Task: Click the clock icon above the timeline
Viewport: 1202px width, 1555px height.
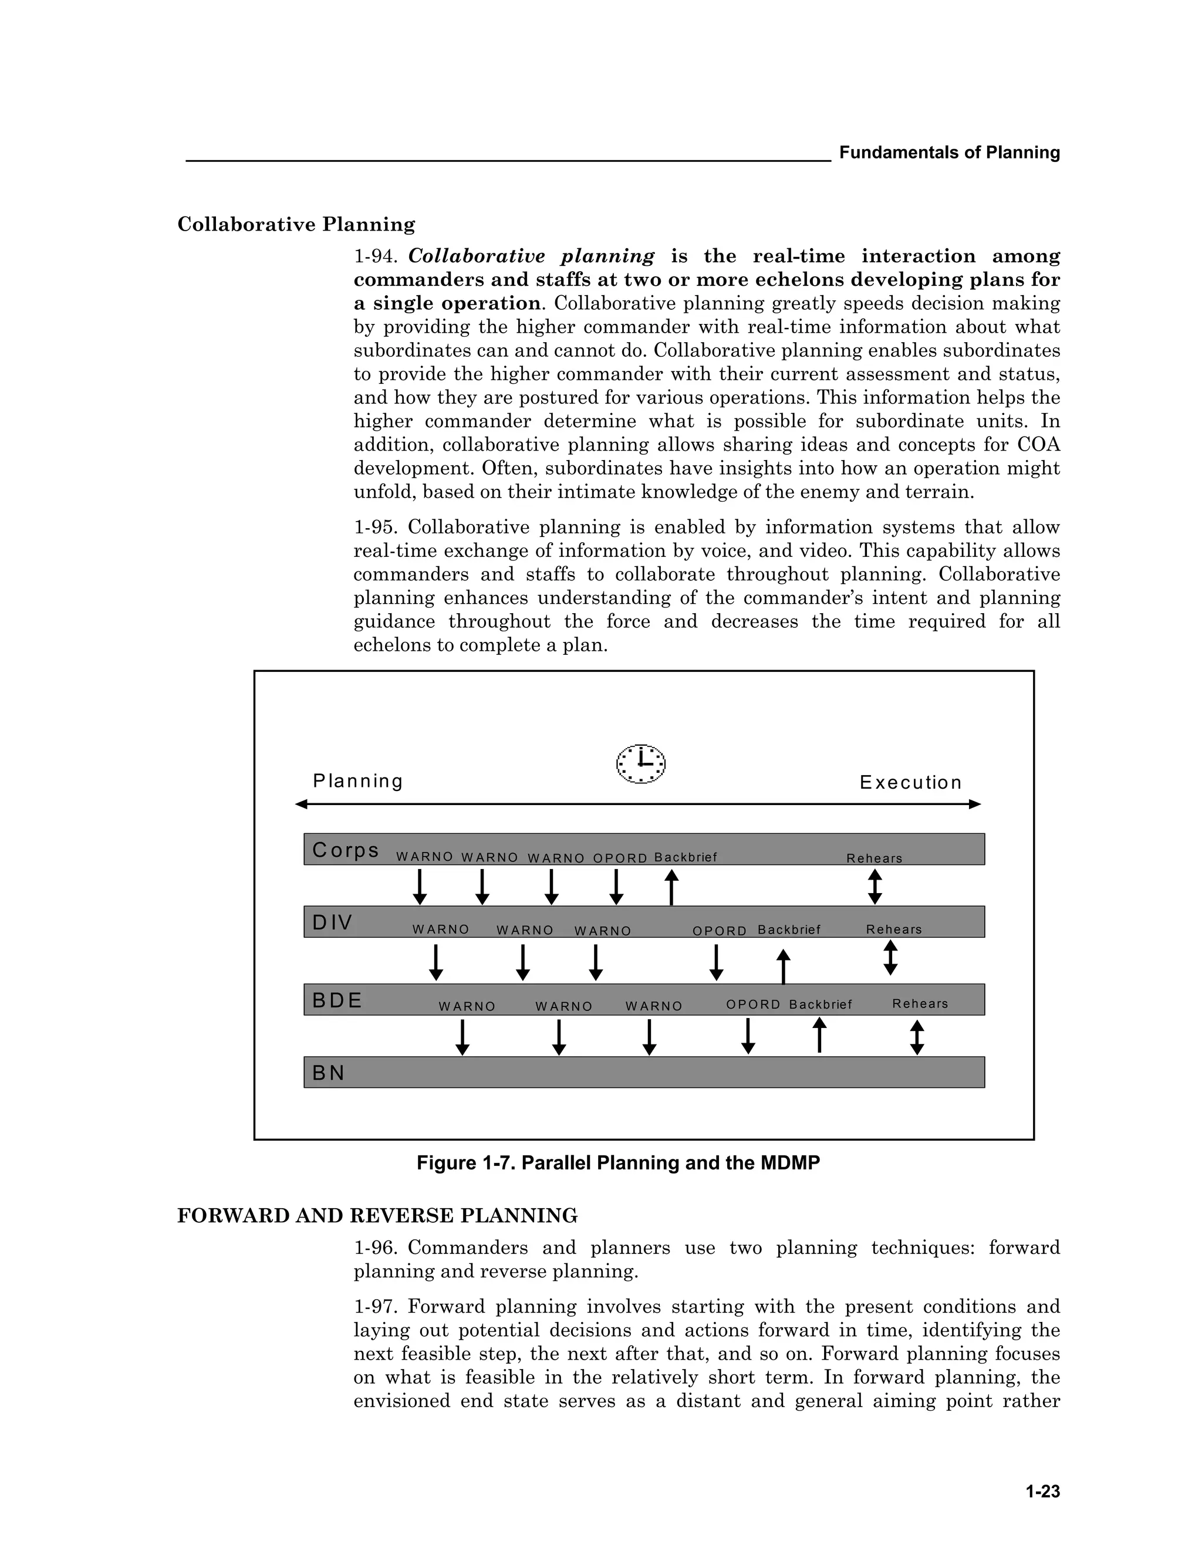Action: tap(640, 763)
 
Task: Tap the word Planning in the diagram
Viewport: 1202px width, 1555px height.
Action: tap(358, 781)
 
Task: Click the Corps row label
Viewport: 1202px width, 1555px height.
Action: tap(345, 850)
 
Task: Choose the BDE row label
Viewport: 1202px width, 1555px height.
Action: tap(337, 1000)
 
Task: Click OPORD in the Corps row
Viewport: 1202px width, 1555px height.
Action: tap(620, 858)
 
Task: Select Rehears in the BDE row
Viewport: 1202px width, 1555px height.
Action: tap(920, 1003)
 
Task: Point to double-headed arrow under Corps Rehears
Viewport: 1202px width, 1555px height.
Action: tap(875, 887)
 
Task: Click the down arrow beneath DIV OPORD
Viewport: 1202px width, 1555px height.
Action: tap(717, 962)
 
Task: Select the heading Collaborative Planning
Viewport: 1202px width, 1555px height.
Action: tap(296, 224)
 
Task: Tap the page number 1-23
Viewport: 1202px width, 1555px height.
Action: tap(1042, 1491)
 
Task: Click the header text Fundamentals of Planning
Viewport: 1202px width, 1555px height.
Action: tap(949, 153)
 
